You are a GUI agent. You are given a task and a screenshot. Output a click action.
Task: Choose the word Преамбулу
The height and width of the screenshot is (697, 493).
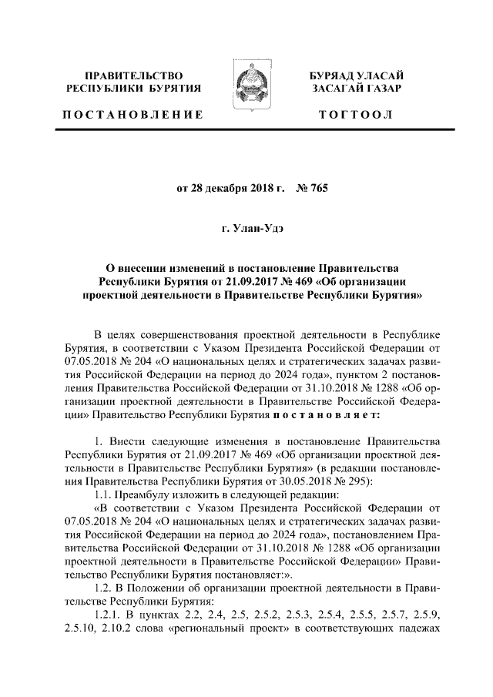tap(149, 494)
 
